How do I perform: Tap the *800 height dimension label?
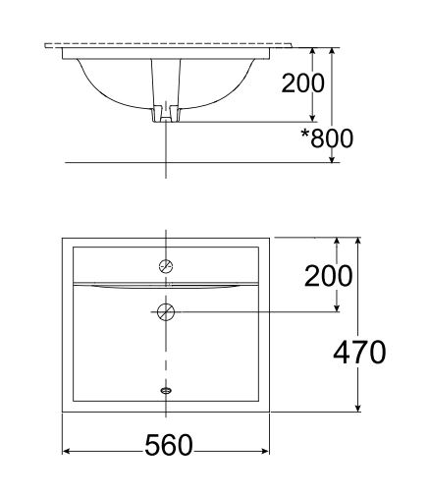coord(327,138)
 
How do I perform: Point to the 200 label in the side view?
coord(302,83)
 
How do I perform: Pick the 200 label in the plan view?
coord(328,276)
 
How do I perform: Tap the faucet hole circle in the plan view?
coord(166,265)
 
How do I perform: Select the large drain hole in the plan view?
coord(166,312)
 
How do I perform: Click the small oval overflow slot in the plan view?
coord(166,389)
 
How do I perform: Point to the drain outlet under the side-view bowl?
coord(166,115)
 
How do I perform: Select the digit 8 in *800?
coord(321,138)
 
